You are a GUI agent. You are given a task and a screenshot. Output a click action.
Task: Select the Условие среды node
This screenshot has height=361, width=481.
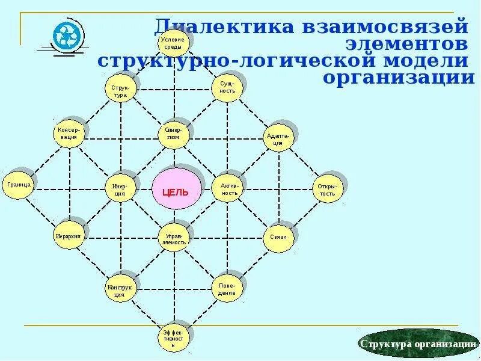click(x=174, y=43)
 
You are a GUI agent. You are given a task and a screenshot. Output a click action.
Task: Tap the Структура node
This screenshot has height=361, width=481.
click(x=120, y=90)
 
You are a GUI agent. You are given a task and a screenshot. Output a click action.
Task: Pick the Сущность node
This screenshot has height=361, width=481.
click(x=227, y=87)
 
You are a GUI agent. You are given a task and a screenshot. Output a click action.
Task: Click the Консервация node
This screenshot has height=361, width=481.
click(x=68, y=133)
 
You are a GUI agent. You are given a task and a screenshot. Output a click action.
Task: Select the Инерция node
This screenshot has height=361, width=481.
click(x=120, y=189)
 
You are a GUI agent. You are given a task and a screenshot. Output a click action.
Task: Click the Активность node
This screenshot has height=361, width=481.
click(x=229, y=189)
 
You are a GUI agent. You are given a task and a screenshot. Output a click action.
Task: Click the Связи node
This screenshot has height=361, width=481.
click(x=278, y=237)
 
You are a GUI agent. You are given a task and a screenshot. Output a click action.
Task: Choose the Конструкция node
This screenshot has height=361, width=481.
click(x=120, y=291)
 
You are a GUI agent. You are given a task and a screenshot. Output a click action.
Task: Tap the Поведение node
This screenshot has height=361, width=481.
click(x=227, y=289)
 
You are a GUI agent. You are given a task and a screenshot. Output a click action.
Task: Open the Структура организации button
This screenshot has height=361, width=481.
click(x=419, y=344)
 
